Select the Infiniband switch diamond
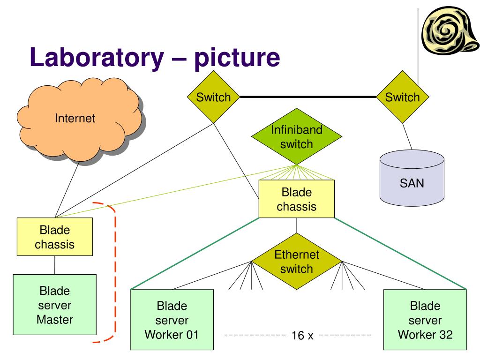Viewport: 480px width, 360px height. tap(296, 136)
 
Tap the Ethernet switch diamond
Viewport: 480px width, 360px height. tap(296, 262)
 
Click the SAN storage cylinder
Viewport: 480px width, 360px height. tap(412, 178)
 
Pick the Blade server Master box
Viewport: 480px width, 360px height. tap(54, 305)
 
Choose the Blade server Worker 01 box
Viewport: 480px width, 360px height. tap(172, 320)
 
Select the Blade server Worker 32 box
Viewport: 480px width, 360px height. tap(425, 320)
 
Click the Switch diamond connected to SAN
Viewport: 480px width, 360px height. tap(402, 97)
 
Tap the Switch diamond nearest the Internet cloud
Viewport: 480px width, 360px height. tap(213, 97)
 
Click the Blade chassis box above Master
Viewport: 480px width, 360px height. tap(54, 237)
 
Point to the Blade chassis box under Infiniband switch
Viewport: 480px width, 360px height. tap(296, 199)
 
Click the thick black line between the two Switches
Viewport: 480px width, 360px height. tap(307, 97)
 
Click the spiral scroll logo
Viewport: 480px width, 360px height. tap(450, 30)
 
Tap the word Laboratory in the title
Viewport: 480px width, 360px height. tap(97, 57)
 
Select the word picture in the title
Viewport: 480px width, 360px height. tap(237, 57)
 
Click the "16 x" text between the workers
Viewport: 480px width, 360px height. tap(302, 336)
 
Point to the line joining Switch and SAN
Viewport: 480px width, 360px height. tap(407, 136)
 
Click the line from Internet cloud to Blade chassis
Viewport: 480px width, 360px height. tap(67, 189)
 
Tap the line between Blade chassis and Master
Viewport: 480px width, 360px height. tap(55, 265)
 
